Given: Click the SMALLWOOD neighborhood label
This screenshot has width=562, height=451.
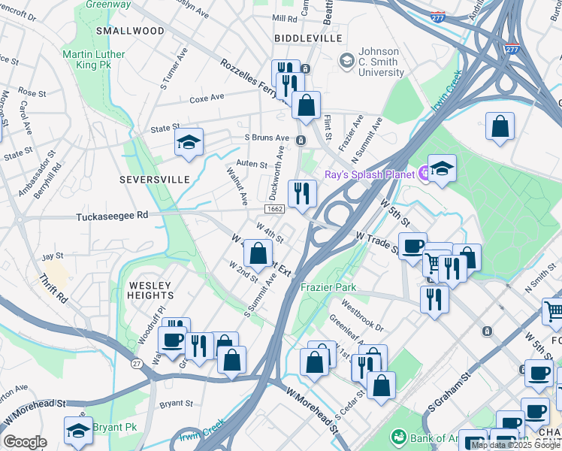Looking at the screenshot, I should coord(130,31).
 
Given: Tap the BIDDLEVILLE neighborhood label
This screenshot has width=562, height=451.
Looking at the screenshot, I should coord(308,38).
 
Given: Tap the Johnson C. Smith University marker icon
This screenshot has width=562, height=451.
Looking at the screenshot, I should coord(346,59).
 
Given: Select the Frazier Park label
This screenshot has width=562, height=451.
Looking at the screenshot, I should coord(328,288).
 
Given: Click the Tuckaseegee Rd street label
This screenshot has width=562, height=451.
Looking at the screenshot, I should coord(112,216).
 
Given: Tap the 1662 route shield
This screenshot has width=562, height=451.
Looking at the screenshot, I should coord(274,209).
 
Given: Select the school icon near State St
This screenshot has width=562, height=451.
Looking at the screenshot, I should coord(189,141).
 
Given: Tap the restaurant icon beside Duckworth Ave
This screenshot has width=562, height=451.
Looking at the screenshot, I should coord(302,193).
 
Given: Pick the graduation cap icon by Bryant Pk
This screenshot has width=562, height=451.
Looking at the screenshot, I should coord(78,430).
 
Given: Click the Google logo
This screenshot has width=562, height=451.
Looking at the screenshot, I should coord(25,442).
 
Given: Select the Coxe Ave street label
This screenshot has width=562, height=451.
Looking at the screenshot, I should coord(207,98).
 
